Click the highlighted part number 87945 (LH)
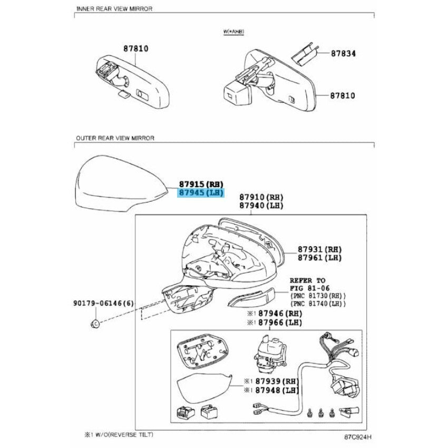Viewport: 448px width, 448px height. click(201, 193)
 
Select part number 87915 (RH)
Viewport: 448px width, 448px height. click(201, 184)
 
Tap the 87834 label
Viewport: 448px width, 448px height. click(343, 53)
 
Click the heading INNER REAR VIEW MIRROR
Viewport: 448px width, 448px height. click(114, 8)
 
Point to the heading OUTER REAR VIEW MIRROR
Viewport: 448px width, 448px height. click(115, 138)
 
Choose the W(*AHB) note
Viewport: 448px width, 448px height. click(233, 32)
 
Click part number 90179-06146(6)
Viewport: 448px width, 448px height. click(103, 303)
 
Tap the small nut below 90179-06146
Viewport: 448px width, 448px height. click(95, 324)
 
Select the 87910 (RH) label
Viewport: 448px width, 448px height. click(261, 197)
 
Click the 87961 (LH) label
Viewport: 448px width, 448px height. click(320, 258)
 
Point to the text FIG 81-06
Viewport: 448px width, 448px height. click(309, 288)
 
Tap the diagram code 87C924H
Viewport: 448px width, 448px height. click(358, 437)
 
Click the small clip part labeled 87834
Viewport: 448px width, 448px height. click(305, 54)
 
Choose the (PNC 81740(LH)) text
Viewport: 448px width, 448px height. click(318, 304)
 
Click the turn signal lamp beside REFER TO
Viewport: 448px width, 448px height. click(251, 297)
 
